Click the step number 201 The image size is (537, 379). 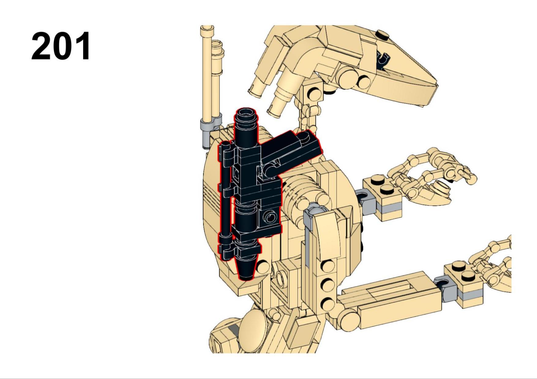(x=61, y=46)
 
